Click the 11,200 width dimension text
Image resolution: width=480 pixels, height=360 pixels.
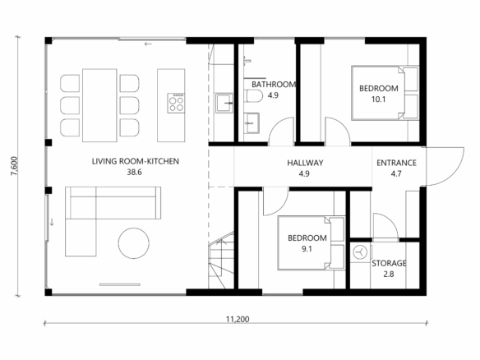tap(238, 319)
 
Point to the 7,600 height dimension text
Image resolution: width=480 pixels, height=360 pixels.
tap(15, 166)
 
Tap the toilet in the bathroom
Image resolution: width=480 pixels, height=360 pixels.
tap(255, 96)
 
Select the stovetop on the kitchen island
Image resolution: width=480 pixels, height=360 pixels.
tap(176, 103)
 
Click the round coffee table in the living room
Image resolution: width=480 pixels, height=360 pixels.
tap(134, 243)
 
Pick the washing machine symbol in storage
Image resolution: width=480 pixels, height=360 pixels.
tap(360, 253)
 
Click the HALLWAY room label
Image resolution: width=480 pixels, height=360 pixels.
tap(305, 163)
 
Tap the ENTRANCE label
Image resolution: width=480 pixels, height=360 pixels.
tap(396, 163)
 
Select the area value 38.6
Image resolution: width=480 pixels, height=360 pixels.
tap(135, 172)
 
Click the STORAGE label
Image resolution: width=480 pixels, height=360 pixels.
tap(389, 263)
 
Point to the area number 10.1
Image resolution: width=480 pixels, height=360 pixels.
tap(378, 99)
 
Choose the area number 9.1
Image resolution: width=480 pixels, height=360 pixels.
tap(307, 249)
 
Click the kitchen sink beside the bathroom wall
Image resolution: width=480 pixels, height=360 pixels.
tap(224, 103)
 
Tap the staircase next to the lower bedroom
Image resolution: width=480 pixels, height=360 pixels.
tap(221, 261)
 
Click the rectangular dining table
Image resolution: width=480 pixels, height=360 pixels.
tap(99, 105)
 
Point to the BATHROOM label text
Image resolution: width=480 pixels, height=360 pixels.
tap(274, 85)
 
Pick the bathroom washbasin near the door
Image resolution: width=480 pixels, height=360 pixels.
tap(252, 122)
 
